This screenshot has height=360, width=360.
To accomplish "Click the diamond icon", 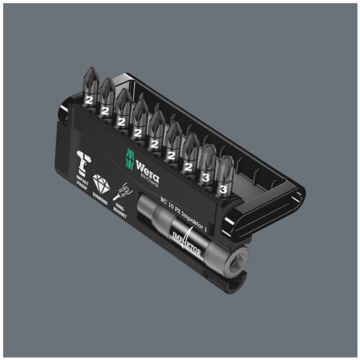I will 102,182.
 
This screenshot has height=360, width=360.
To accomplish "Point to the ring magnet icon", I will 122,189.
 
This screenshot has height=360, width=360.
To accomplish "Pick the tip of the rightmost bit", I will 226,162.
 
